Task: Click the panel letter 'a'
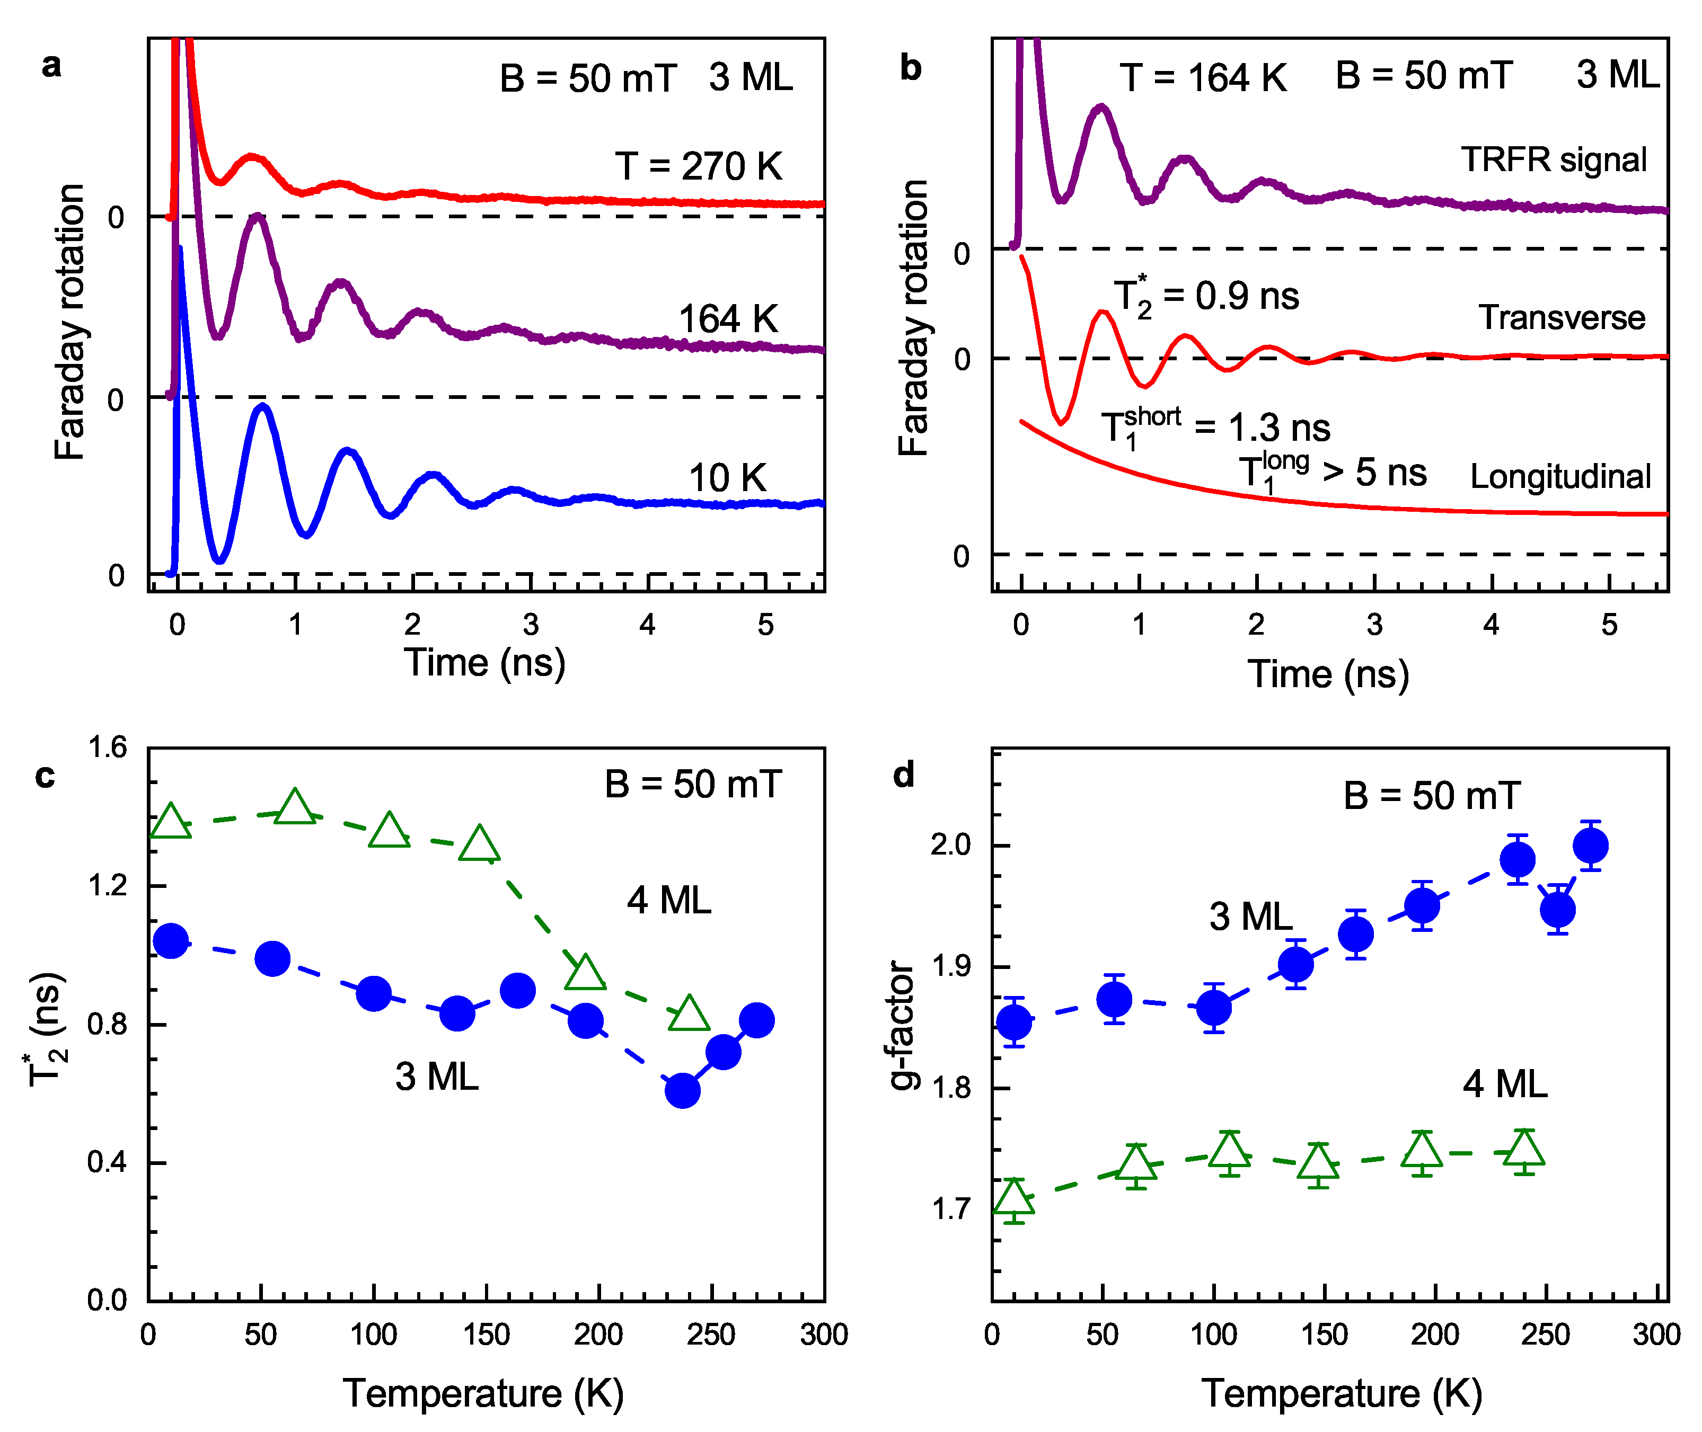point(51,65)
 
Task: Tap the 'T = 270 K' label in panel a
point(698,166)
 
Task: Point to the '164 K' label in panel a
point(728,319)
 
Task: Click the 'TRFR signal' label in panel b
point(1554,160)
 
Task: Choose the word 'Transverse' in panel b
point(1560,317)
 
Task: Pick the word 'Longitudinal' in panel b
point(1560,476)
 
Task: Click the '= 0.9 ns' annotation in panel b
point(1230,296)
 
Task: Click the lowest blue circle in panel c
point(682,1090)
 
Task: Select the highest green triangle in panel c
point(294,808)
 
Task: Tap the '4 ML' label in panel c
point(668,900)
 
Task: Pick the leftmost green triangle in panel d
point(1013,1199)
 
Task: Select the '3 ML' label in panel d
point(1250,917)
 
